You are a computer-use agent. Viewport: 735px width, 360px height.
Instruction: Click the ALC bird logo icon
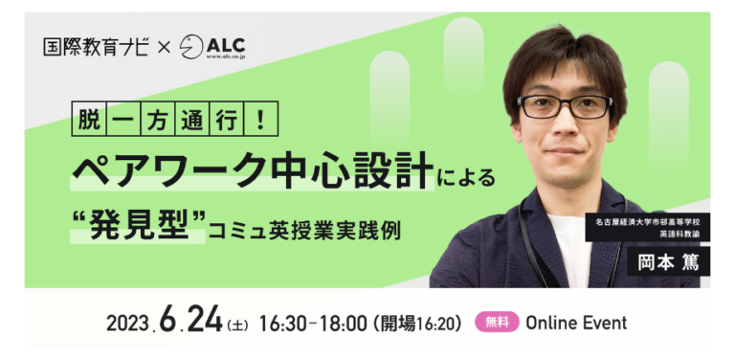[191, 47]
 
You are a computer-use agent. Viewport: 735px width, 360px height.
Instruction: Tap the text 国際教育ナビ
[96, 47]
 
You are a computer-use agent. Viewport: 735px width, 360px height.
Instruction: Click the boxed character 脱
[89, 119]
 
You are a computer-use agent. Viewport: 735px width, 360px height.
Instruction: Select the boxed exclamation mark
[260, 119]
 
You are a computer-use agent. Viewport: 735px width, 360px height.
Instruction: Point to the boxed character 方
[158, 119]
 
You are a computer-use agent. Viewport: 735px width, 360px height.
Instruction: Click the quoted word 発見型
[138, 225]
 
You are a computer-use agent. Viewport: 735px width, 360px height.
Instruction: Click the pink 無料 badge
[498, 322]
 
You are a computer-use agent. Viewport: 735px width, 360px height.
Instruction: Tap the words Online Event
[576, 323]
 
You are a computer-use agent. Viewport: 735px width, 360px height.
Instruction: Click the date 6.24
[190, 320]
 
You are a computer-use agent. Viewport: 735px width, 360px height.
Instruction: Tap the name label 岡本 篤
[668, 262]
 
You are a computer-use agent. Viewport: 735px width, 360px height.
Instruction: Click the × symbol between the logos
[165, 47]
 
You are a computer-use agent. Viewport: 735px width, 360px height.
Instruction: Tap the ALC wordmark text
[226, 45]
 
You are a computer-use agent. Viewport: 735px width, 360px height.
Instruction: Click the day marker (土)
[237, 325]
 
